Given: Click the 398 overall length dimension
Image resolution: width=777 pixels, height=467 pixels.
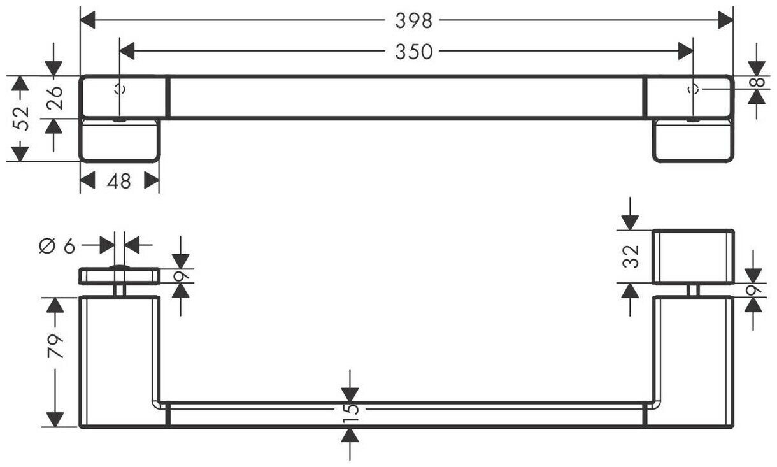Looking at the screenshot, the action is (413, 20).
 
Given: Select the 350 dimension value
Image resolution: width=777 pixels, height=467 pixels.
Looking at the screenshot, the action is (413, 51).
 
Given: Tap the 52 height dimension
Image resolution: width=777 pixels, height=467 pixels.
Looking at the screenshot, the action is (23, 118).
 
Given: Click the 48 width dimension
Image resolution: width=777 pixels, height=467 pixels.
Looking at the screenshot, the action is (119, 181).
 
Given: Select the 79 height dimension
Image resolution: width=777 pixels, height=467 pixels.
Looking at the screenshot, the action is (56, 347).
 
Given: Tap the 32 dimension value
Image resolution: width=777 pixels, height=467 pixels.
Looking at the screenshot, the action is (631, 256).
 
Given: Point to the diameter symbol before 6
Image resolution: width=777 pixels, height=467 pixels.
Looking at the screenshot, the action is (46, 245).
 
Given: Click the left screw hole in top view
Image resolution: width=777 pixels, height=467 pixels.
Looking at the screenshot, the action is (119, 89).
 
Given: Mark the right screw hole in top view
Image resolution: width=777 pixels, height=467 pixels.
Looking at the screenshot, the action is (694, 89).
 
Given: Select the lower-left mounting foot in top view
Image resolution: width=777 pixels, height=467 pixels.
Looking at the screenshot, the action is (118, 140).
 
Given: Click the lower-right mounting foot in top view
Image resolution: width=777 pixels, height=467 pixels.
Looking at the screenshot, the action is (694, 140).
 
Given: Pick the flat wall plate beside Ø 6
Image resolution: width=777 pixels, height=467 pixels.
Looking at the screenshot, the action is (118, 276).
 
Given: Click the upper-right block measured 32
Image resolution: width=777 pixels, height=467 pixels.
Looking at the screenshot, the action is (694, 256).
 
